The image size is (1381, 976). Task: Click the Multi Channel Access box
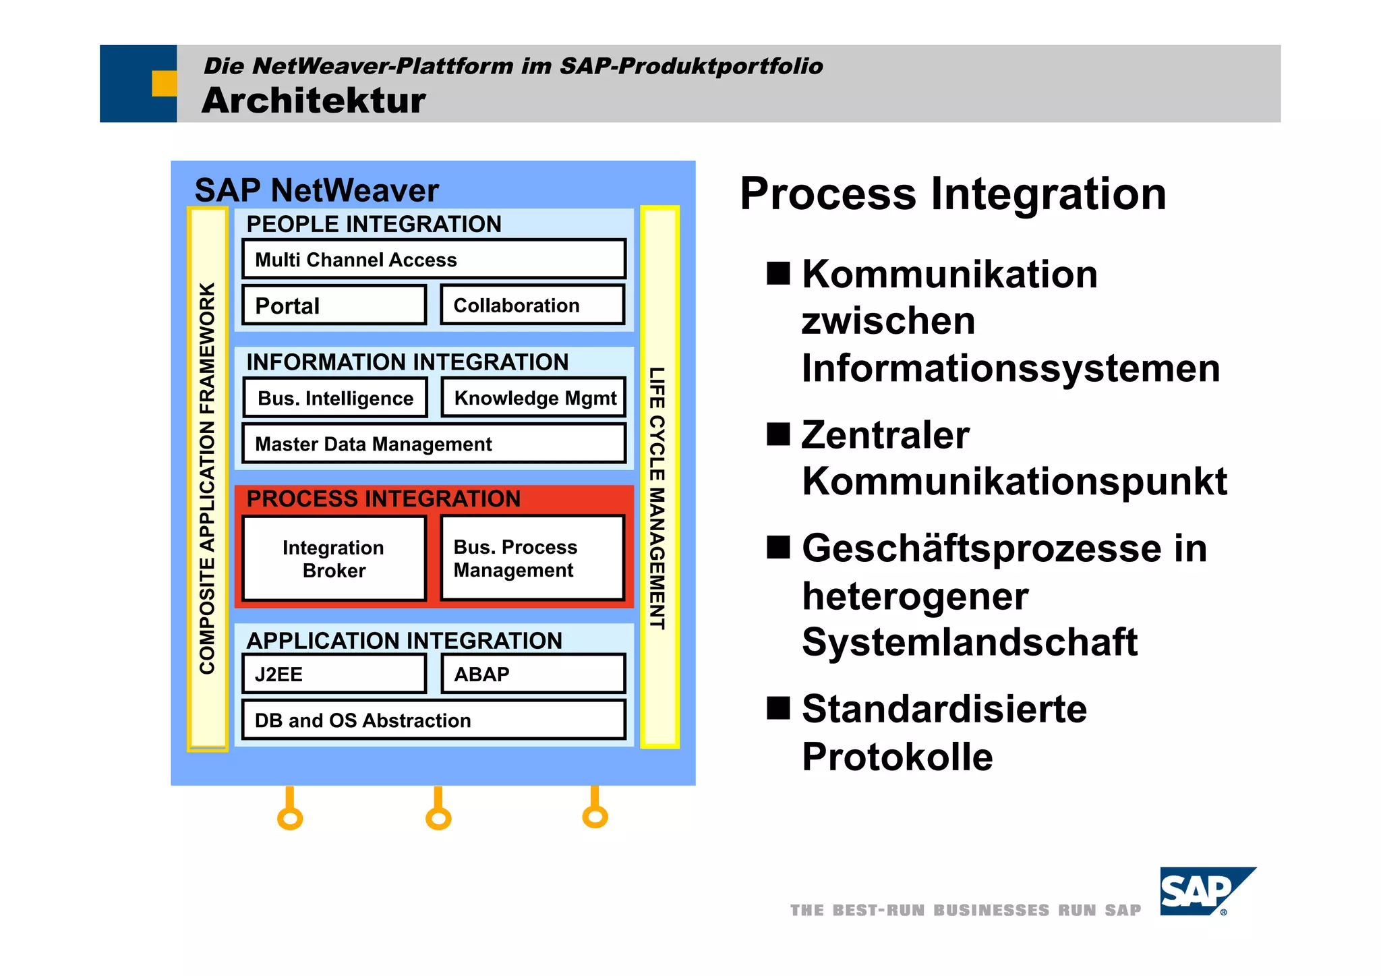[434, 259]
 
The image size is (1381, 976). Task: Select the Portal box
[334, 306]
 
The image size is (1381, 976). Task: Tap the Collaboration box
[533, 306]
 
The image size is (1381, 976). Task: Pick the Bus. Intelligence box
[335, 398]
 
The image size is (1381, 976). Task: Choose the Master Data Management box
[434, 444]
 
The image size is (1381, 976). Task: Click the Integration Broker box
[334, 558]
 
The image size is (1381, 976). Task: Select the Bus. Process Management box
[533, 558]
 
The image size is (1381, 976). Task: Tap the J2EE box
[334, 674]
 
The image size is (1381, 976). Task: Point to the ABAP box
[533, 674]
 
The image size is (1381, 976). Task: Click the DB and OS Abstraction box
[434, 720]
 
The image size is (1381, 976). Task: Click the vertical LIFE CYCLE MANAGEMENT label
[657, 498]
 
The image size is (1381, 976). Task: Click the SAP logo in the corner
[1204, 892]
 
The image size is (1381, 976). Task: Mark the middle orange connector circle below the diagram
[438, 818]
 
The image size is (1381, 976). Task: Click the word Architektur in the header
[314, 101]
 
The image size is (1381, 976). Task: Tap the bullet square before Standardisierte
[778, 708]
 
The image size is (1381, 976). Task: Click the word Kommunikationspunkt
[1014, 481]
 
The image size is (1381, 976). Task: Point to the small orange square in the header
[164, 84]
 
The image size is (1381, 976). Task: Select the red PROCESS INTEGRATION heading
[383, 498]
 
